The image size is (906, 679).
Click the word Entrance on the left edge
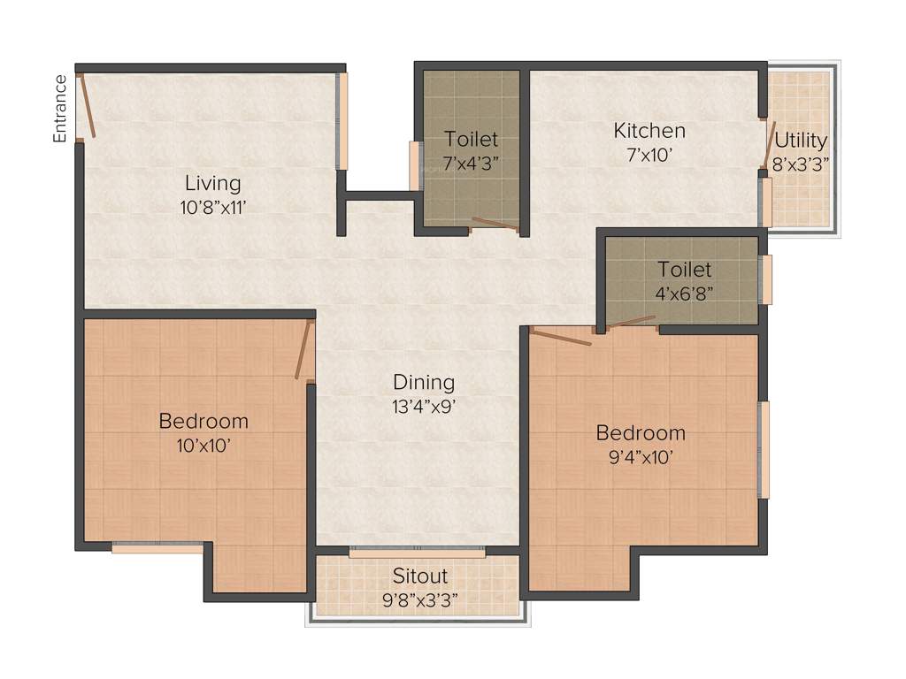pyautogui.click(x=60, y=109)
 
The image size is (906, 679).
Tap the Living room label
pyautogui.click(x=212, y=184)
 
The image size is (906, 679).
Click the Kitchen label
pyautogui.click(x=649, y=131)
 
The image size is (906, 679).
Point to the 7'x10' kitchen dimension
pyautogui.click(x=649, y=155)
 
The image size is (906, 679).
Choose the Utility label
pyautogui.click(x=801, y=140)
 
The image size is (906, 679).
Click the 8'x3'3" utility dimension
pyautogui.click(x=801, y=164)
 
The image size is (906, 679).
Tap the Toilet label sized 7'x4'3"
pyautogui.click(x=471, y=140)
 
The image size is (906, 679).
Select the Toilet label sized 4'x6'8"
pyautogui.click(x=684, y=270)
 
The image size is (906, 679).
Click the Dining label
pyautogui.click(x=424, y=383)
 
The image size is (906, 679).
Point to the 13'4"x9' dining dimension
pyautogui.click(x=424, y=407)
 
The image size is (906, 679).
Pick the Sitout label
pyautogui.click(x=420, y=576)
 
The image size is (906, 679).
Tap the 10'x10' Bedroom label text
pyautogui.click(x=203, y=421)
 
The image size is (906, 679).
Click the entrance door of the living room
pyautogui.click(x=86, y=106)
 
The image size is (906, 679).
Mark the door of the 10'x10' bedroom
pyautogui.click(x=304, y=350)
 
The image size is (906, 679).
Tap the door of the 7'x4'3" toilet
pyautogui.click(x=495, y=224)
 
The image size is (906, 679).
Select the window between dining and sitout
pyautogui.click(x=418, y=553)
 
